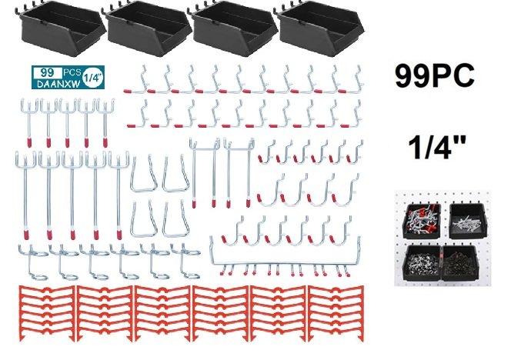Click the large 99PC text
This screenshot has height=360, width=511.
(435, 77)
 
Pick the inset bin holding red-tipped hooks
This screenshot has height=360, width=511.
(418, 216)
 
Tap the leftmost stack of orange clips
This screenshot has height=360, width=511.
(45, 315)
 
